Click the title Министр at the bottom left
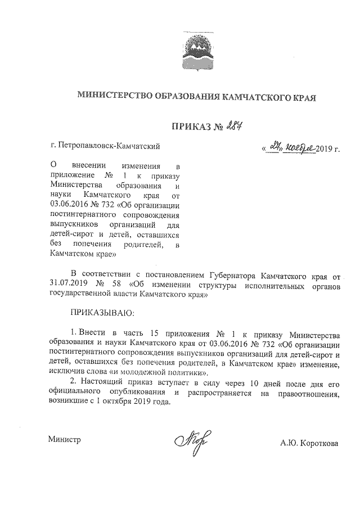[x=65, y=440]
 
